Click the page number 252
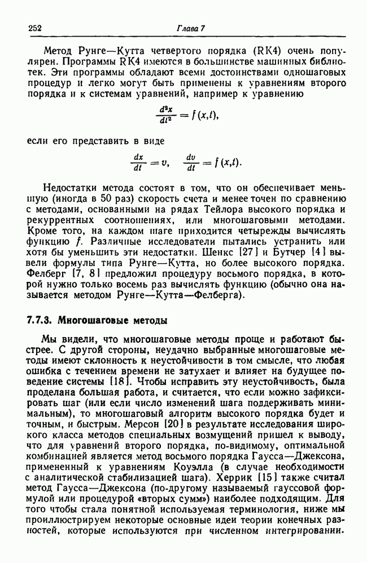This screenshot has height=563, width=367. click(35, 29)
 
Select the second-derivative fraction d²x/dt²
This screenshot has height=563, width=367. click(165, 114)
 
